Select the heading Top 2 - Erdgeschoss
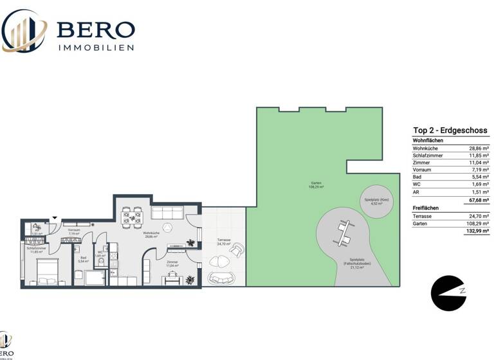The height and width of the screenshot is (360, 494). [x=450, y=130]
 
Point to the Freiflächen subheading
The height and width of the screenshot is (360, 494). [x=425, y=209]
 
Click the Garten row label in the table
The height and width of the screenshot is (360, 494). [x=421, y=224]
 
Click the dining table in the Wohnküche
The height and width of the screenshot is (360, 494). [x=134, y=218]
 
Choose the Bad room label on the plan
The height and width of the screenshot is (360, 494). [x=83, y=260]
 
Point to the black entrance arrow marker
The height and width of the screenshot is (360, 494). [x=54, y=219]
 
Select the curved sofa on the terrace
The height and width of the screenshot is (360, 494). [x=222, y=278]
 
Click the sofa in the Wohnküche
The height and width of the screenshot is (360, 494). [x=168, y=212]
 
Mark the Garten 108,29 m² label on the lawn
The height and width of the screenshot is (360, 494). [x=315, y=186]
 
